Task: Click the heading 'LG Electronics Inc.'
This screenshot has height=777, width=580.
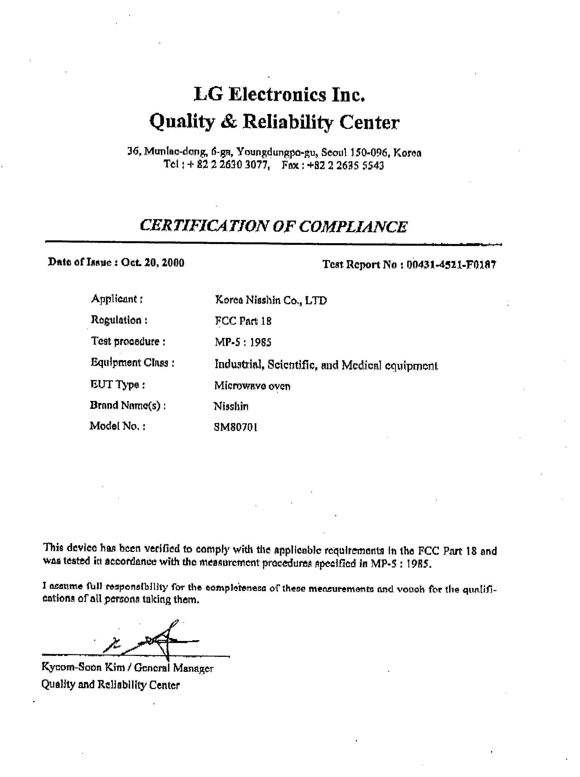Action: click(279, 95)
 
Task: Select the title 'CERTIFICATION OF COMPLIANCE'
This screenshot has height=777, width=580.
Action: click(273, 226)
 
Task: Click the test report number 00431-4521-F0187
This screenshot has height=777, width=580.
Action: click(451, 265)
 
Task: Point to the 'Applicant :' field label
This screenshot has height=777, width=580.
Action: click(117, 299)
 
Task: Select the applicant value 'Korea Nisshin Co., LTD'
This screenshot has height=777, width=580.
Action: click(271, 300)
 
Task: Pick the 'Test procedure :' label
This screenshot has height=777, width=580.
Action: click(128, 341)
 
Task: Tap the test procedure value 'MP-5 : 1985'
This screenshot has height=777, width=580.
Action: click(243, 342)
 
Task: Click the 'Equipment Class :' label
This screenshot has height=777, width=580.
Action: click(132, 362)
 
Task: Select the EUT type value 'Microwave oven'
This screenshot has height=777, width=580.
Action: click(252, 386)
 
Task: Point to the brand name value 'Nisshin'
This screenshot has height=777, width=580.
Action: click(231, 406)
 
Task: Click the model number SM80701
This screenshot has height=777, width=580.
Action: click(235, 427)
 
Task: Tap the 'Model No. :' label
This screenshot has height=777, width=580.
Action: click(117, 426)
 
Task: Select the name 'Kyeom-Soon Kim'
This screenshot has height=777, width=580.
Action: click(83, 667)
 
